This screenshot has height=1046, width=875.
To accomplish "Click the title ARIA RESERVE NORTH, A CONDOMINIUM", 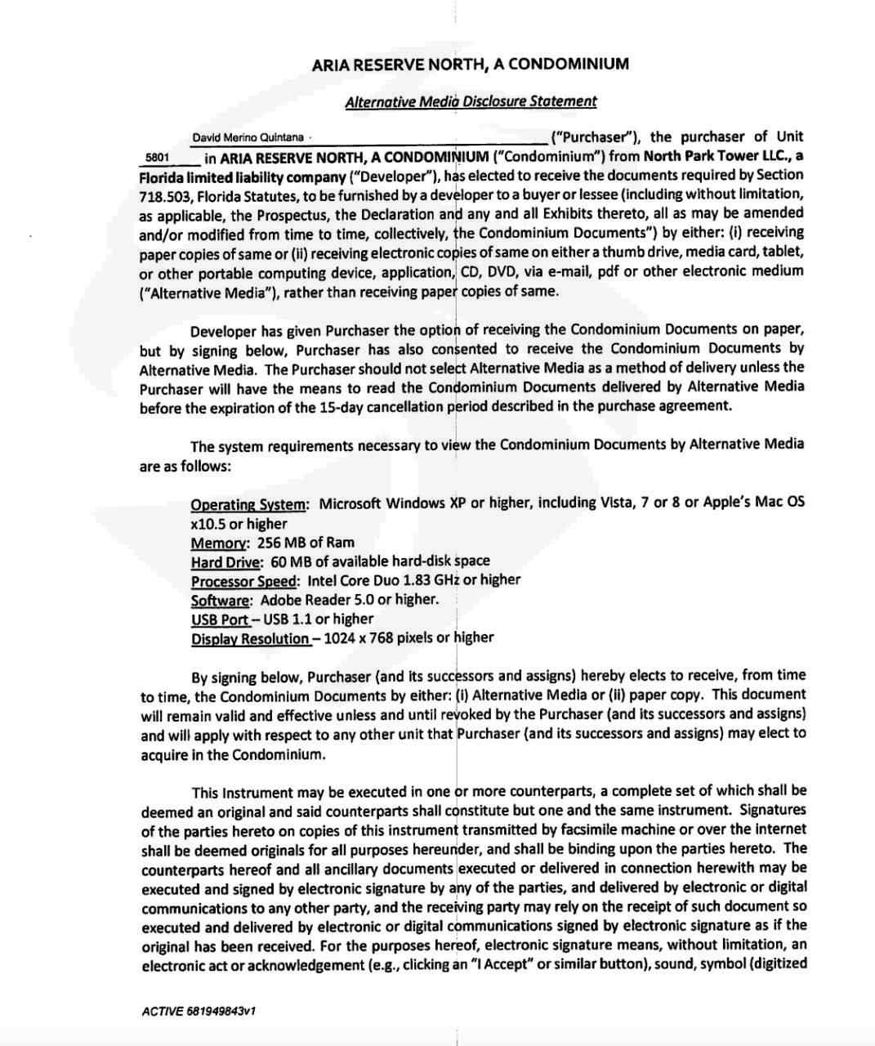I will click(x=470, y=64).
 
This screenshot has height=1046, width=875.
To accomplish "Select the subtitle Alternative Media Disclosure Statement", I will click(x=471, y=101).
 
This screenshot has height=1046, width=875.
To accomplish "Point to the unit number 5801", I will click(x=157, y=157).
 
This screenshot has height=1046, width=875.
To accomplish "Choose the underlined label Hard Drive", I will click(x=226, y=562).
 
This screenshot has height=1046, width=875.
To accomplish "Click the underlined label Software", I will click(x=221, y=601).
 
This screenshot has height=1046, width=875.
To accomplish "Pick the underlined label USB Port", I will click(x=220, y=620).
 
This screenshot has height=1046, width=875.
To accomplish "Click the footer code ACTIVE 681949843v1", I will click(x=199, y=1011).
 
